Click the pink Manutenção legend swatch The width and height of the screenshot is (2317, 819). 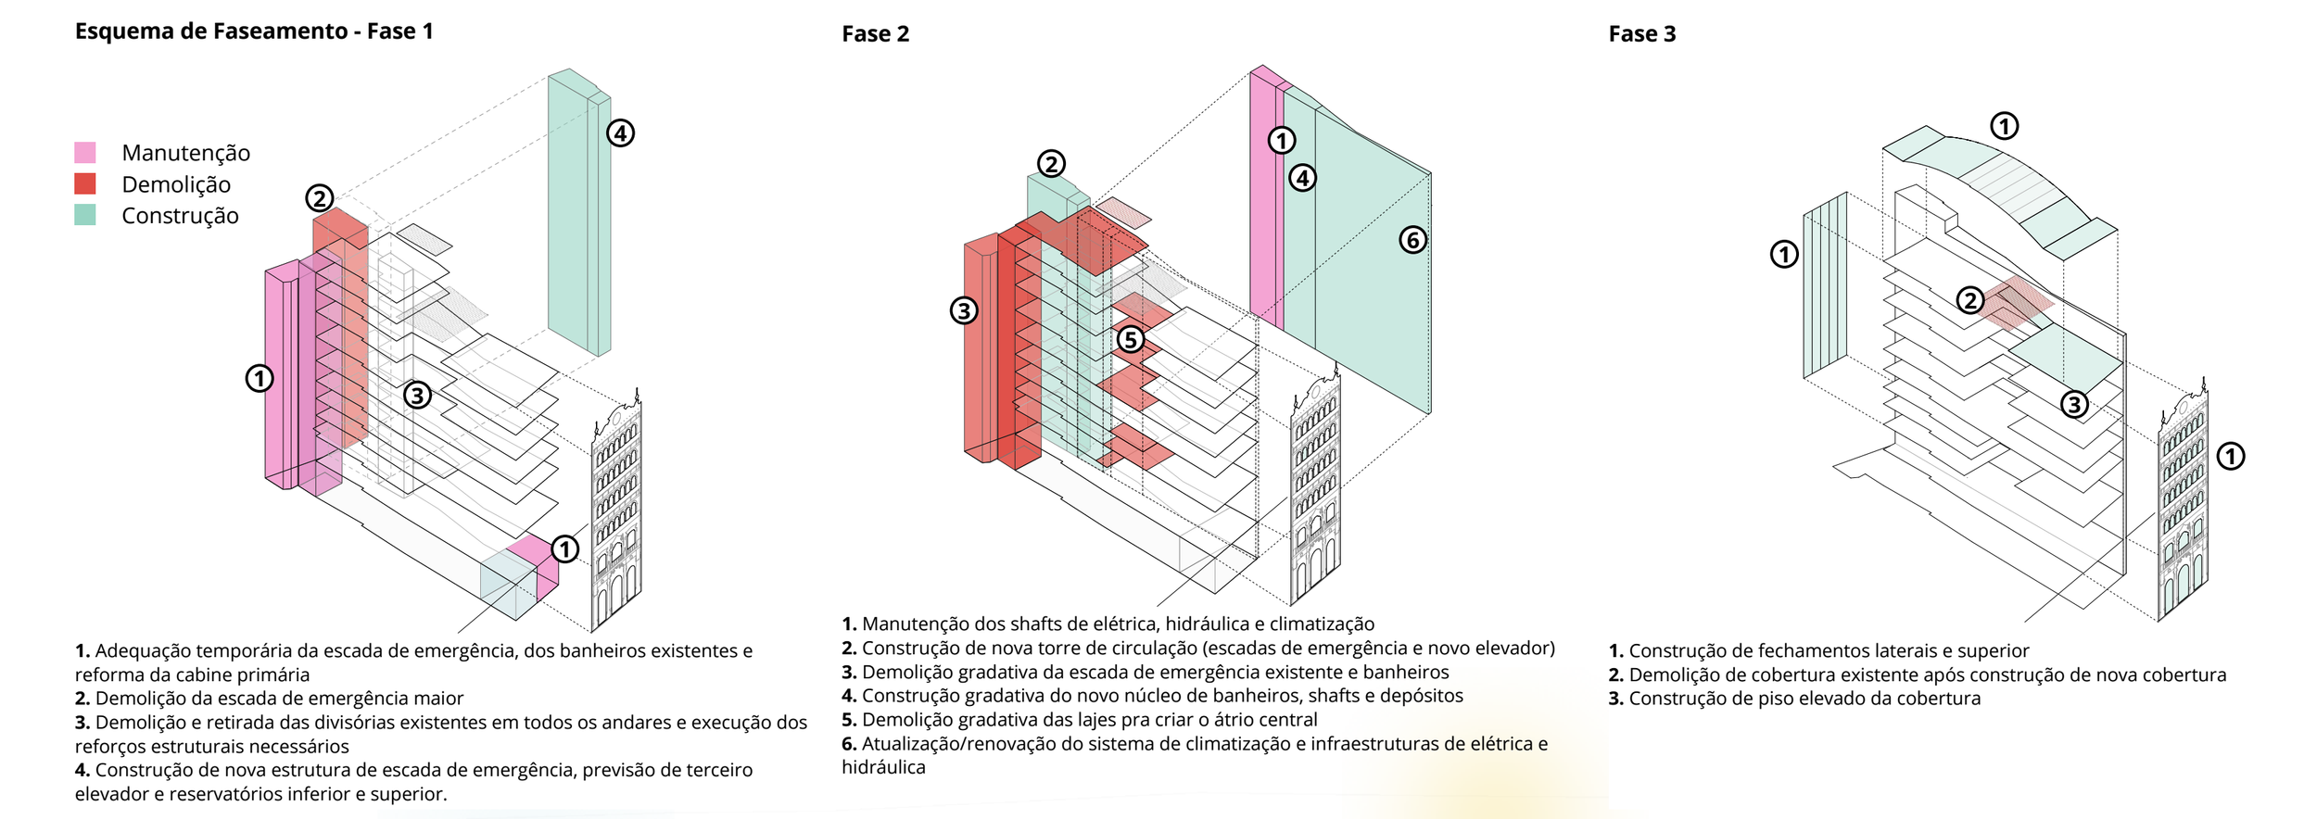pyautogui.click(x=85, y=153)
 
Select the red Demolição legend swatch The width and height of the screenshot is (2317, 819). pyautogui.click(x=85, y=183)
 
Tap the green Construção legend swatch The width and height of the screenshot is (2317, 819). pyautogui.click(x=85, y=215)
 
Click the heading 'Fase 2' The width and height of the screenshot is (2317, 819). pyautogui.click(x=875, y=34)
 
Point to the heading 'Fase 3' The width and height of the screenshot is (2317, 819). pyautogui.click(x=1641, y=34)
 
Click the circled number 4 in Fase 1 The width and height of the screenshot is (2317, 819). pyautogui.click(x=620, y=133)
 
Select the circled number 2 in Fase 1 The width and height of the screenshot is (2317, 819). pyautogui.click(x=320, y=198)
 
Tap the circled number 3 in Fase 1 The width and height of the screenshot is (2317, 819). pyautogui.click(x=417, y=396)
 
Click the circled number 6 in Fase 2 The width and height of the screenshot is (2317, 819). pyautogui.click(x=1412, y=241)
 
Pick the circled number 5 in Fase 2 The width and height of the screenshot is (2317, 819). pyautogui.click(x=1129, y=339)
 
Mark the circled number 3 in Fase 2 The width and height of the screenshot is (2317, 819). pyautogui.click(x=964, y=310)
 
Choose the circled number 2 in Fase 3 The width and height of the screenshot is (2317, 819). pyautogui.click(x=1969, y=300)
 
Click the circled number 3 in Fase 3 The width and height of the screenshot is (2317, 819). pyautogui.click(x=2074, y=404)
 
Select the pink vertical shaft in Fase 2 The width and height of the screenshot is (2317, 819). pyautogui.click(x=1265, y=195)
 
